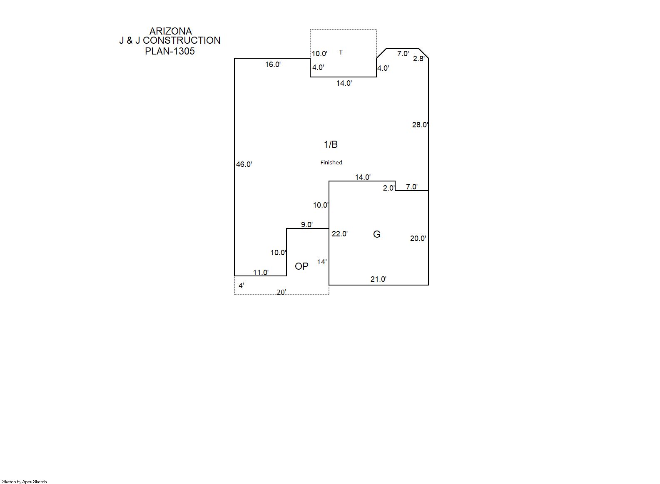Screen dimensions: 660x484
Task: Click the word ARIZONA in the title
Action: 170,31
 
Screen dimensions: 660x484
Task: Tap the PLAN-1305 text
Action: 170,51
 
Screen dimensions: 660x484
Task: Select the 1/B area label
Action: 331,144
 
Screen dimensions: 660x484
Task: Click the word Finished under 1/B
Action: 331,162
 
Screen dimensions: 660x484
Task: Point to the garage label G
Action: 376,234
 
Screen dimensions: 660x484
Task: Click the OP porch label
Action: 301,266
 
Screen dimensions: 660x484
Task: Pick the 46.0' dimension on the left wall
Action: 244,164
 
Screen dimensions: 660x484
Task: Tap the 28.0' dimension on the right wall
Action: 420,125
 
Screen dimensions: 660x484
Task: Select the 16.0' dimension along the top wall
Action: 273,65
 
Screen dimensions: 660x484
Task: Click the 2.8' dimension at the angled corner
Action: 418,59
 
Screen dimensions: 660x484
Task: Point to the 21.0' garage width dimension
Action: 379,279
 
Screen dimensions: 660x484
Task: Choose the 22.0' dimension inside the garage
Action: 340,234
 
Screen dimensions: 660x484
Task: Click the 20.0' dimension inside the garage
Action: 418,238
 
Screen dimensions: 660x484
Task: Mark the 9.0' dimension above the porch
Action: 307,225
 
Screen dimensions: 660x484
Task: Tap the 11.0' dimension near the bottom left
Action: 261,273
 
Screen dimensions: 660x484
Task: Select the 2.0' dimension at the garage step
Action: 389,188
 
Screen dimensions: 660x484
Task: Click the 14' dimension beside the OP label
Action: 322,262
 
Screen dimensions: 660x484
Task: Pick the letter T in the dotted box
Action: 341,52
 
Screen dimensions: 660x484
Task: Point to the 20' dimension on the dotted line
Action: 281,292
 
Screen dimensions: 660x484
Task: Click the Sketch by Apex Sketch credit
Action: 25,482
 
